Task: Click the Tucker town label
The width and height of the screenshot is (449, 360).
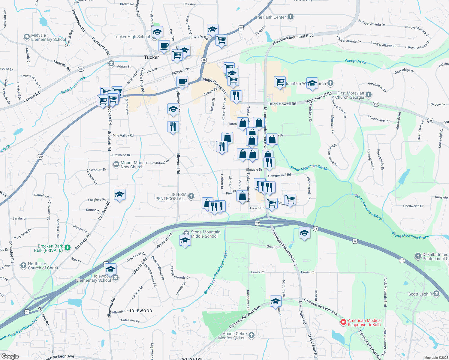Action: [151, 57]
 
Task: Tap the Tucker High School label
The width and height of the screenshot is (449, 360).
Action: [132, 37]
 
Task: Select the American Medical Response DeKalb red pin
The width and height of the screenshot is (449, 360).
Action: [343, 322]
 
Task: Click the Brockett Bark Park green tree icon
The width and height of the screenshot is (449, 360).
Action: [68, 247]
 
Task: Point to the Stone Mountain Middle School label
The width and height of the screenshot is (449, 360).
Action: [205, 234]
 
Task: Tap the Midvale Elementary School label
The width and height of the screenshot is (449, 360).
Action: [48, 37]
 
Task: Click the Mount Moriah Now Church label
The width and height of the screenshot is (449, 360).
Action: [134, 165]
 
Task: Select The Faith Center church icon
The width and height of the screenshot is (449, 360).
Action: [290, 17]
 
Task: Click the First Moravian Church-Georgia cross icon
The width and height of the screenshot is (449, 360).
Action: [369, 95]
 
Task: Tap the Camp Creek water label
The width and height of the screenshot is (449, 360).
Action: [355, 61]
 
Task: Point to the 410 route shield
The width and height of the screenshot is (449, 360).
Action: [402, 260]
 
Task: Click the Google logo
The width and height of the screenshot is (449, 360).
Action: [10, 356]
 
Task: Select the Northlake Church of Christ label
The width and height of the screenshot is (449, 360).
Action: [43, 266]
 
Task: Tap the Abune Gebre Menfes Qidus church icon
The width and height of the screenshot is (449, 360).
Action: [251, 335]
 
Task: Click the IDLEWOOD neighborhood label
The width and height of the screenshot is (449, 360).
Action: [141, 311]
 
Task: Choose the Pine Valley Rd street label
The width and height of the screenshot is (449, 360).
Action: [123, 136]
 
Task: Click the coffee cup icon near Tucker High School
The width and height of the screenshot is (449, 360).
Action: [164, 46]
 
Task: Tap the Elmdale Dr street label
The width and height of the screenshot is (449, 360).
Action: [254, 169]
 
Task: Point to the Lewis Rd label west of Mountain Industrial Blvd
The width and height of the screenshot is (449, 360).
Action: [258, 272]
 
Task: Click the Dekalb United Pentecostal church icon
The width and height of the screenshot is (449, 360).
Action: [418, 256]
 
